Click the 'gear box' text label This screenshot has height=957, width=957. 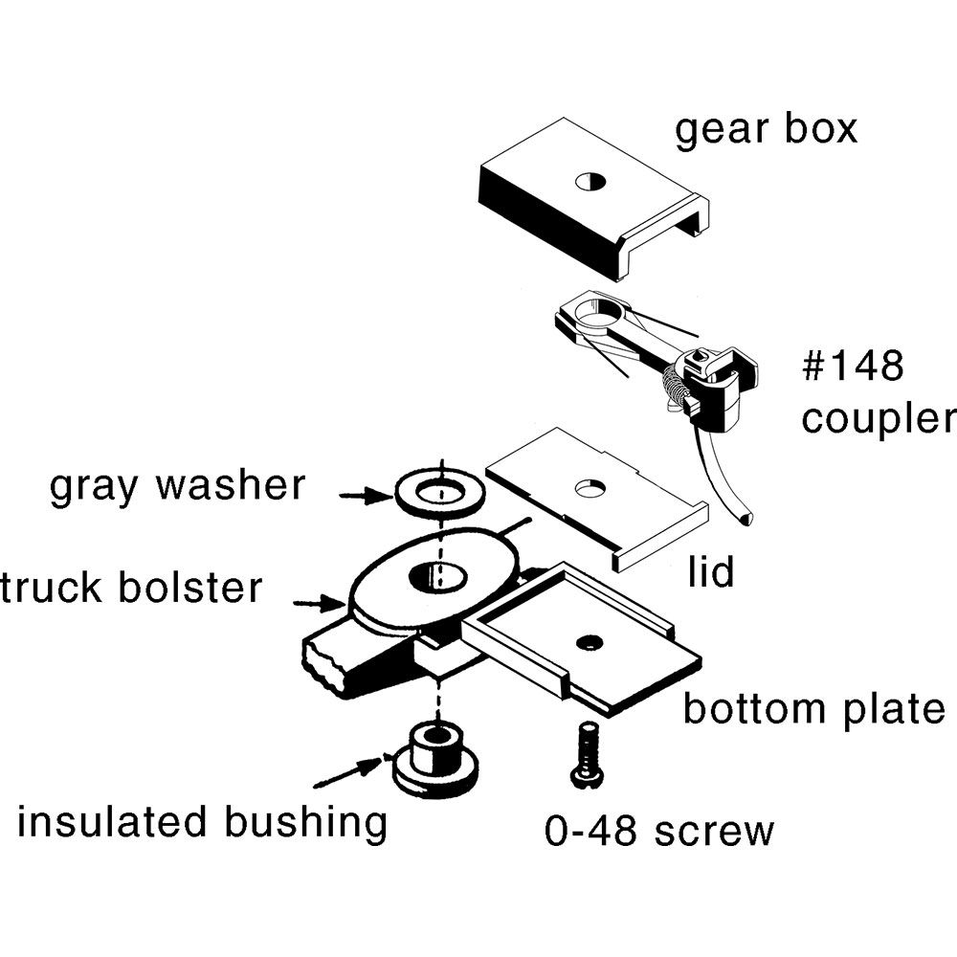pyautogui.click(x=766, y=128)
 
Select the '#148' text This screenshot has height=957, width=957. pyautogui.click(x=852, y=367)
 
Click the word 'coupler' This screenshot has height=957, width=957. pyautogui.click(x=879, y=418)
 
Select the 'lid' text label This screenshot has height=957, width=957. pyautogui.click(x=710, y=571)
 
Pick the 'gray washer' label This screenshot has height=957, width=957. pyautogui.click(x=177, y=485)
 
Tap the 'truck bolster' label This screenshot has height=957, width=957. pyautogui.click(x=132, y=587)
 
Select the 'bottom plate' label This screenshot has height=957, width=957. pyautogui.click(x=812, y=709)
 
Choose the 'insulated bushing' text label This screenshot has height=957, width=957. pyautogui.click(x=202, y=823)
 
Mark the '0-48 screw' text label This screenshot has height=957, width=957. pyautogui.click(x=658, y=831)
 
